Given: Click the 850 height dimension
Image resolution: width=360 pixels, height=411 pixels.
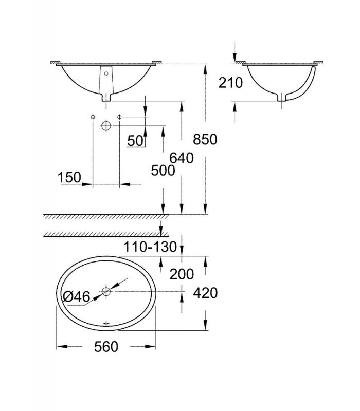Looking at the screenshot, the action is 205,139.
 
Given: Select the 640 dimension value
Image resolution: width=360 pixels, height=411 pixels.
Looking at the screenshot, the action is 182,158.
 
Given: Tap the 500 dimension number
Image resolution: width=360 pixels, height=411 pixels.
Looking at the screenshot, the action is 163,171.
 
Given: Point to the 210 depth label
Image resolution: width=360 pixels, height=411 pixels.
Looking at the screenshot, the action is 230,83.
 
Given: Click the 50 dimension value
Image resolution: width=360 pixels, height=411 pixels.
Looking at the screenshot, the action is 135,141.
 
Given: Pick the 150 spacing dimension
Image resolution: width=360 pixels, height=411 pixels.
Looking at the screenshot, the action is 69,177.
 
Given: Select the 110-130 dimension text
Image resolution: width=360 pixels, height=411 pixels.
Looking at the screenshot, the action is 150,247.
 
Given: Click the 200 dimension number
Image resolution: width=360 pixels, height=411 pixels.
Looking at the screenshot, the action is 182,274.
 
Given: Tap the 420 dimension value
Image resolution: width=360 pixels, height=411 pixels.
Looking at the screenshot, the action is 205,293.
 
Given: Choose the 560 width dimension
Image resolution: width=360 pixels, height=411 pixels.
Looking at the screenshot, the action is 106,347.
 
